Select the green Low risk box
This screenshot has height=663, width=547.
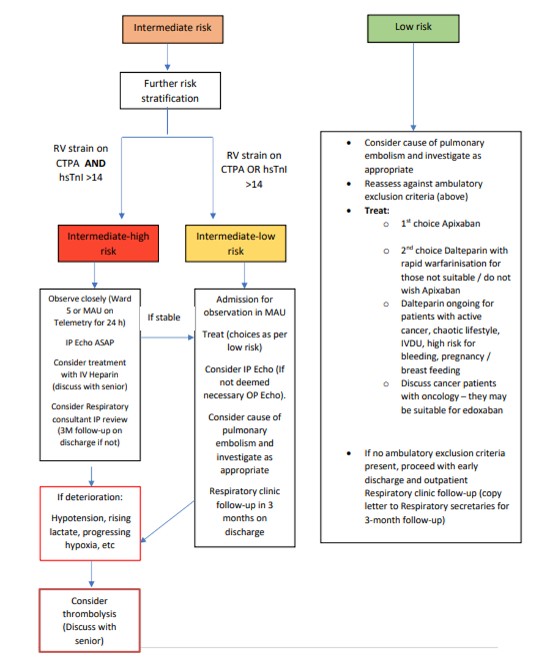(414, 28)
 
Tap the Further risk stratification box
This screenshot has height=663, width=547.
(169, 90)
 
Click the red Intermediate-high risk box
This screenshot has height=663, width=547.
(108, 243)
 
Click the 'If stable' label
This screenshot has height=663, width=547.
(164, 317)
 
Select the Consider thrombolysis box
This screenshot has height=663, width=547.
(90, 620)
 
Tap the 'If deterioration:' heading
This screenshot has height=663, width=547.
(90, 497)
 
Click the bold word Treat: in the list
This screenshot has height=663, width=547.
(378, 210)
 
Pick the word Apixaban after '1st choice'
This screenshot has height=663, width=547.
(460, 224)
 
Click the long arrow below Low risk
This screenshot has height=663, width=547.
(414, 86)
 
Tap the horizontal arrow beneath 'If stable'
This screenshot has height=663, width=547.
(166, 335)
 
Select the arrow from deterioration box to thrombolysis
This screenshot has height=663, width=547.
(91, 574)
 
